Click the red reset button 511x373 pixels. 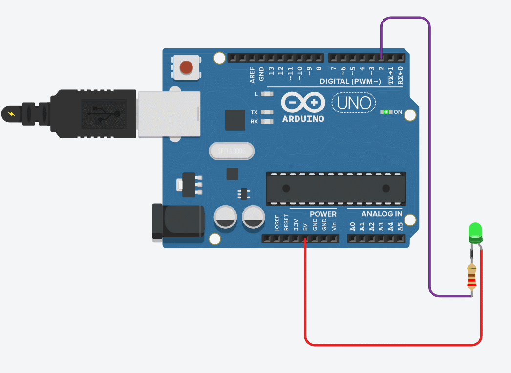point(186,67)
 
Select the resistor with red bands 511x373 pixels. point(471,277)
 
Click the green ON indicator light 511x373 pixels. point(386,112)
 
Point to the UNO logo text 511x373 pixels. point(354,103)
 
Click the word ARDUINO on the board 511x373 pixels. point(303,119)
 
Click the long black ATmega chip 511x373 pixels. point(336,189)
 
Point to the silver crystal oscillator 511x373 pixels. point(232,151)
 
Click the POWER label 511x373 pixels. point(323,214)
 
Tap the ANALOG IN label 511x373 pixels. point(382,214)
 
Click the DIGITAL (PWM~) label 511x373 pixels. point(350,81)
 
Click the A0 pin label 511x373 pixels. point(353,226)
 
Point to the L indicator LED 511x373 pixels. point(267,94)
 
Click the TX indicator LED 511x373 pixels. point(267,112)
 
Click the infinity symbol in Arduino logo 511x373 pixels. point(303,103)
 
